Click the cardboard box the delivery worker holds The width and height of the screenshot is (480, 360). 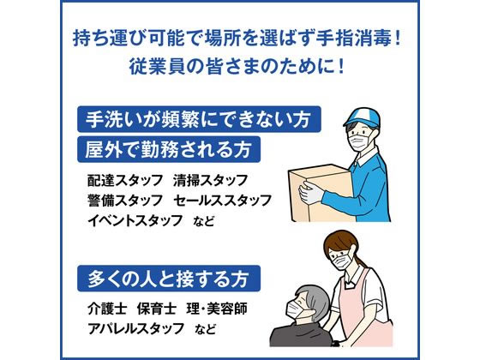tap(320, 193)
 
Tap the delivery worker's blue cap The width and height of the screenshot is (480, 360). tap(362, 116)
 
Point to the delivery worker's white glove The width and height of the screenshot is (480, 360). tap(310, 193)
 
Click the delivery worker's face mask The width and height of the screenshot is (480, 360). tap(360, 141)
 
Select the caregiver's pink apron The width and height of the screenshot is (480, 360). tap(364, 309)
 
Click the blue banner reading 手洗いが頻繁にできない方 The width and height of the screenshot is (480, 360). tap(199, 119)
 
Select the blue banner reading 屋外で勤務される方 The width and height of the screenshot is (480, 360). tap(169, 149)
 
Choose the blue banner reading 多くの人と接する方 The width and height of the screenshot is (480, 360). tap(169, 279)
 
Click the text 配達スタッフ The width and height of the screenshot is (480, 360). tap(125, 180)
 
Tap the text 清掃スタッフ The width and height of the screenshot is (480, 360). tap(210, 180)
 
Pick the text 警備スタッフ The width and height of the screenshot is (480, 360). tap(125, 201)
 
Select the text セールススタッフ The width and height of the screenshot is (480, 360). tap(223, 201)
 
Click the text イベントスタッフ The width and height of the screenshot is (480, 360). tap(135, 220)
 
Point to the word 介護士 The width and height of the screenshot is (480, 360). tap(107, 309)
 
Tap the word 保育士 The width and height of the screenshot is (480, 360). tap(157, 309)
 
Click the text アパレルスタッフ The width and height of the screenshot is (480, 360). tap(136, 328)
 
